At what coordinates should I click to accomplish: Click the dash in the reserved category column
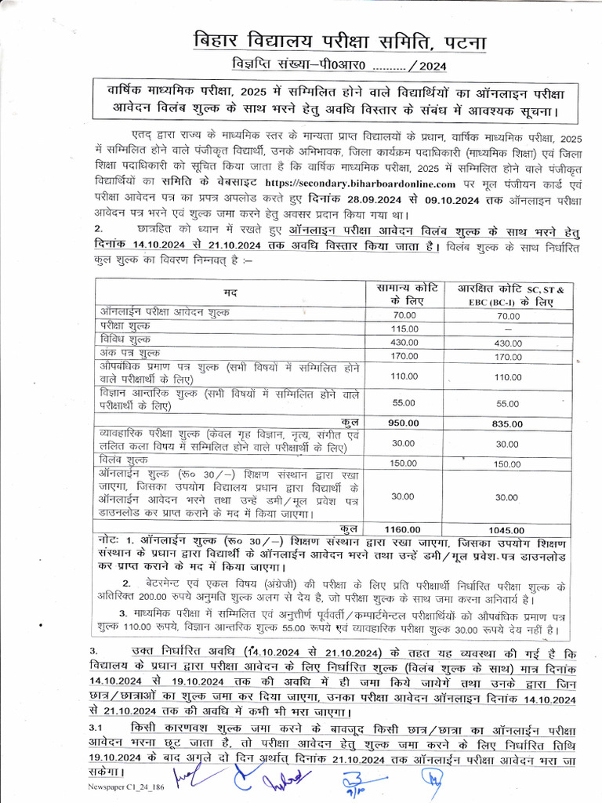point(508,328)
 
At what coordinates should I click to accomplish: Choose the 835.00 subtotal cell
point(508,423)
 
